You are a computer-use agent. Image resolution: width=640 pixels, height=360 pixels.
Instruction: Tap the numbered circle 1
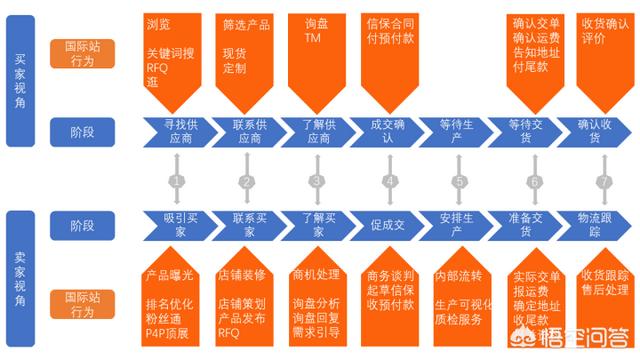[x=176, y=181]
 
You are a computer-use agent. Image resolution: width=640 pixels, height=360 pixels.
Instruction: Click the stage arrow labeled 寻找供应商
[x=177, y=130]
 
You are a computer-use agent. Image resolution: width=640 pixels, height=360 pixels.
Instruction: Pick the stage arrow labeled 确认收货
[x=600, y=130]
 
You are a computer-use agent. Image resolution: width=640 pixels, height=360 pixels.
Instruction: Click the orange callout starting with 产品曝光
[x=174, y=300]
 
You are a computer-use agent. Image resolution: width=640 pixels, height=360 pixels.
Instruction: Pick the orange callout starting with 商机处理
[x=317, y=300]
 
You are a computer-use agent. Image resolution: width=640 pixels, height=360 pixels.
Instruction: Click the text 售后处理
[x=604, y=289]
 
